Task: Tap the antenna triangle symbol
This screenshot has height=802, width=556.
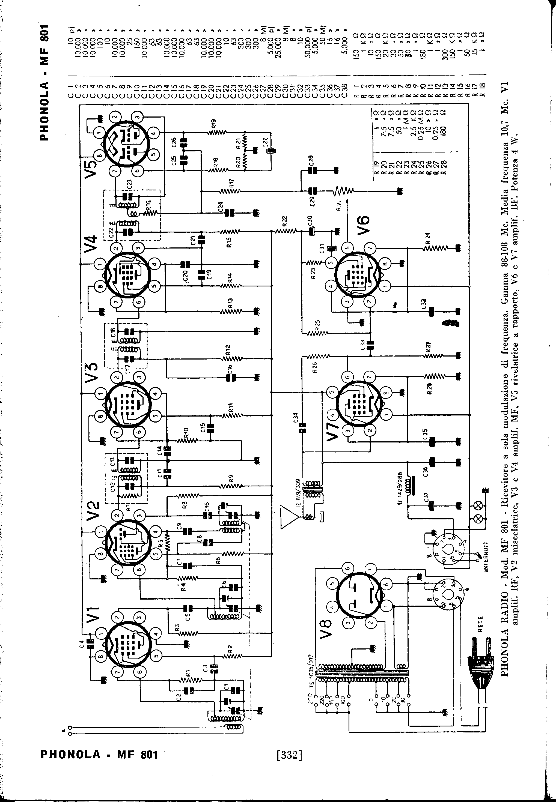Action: pos(289,517)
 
